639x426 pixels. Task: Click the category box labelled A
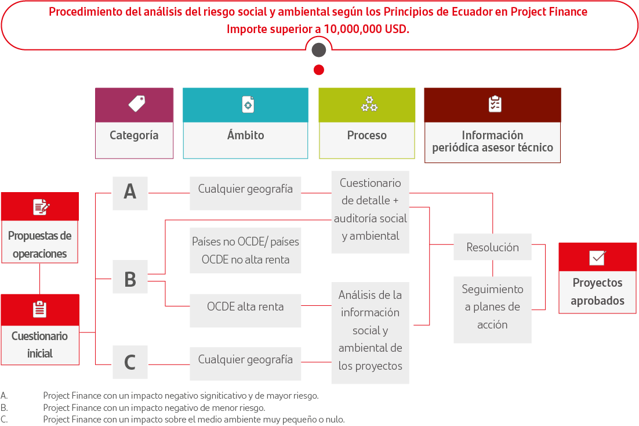pos(130,193)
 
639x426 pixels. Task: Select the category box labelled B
pos(130,277)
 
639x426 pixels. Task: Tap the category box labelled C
pos(130,362)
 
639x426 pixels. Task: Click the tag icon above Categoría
pos(137,104)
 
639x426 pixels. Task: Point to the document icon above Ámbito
pos(248,104)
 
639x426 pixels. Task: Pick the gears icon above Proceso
pos(369,104)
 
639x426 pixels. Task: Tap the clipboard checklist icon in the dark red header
pos(495,104)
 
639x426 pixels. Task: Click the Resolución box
pos(492,247)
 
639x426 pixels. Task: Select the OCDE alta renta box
pos(245,310)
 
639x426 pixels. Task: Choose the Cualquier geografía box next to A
pos(245,193)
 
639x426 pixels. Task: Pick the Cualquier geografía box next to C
pos(245,363)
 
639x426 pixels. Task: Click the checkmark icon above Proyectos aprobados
pos(597,258)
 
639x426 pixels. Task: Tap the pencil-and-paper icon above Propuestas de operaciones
pos(41,207)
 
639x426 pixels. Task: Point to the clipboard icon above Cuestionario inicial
pos(39,309)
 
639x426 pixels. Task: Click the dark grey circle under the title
pos(319,50)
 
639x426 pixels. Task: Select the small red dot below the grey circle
pos(319,70)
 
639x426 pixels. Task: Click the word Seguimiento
pos(492,289)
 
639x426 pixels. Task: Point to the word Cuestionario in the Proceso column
pos(370,183)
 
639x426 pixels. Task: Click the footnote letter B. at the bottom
pos(4,407)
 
